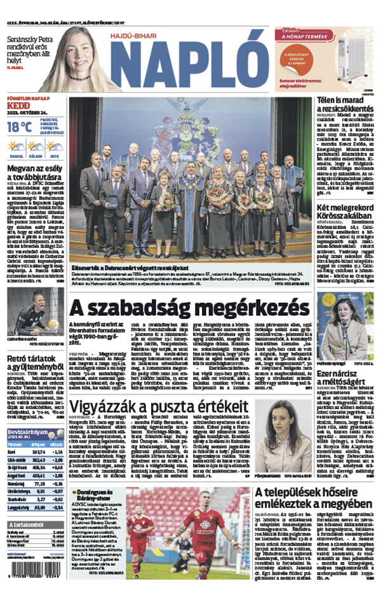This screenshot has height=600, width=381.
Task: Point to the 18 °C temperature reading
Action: click(19, 127)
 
